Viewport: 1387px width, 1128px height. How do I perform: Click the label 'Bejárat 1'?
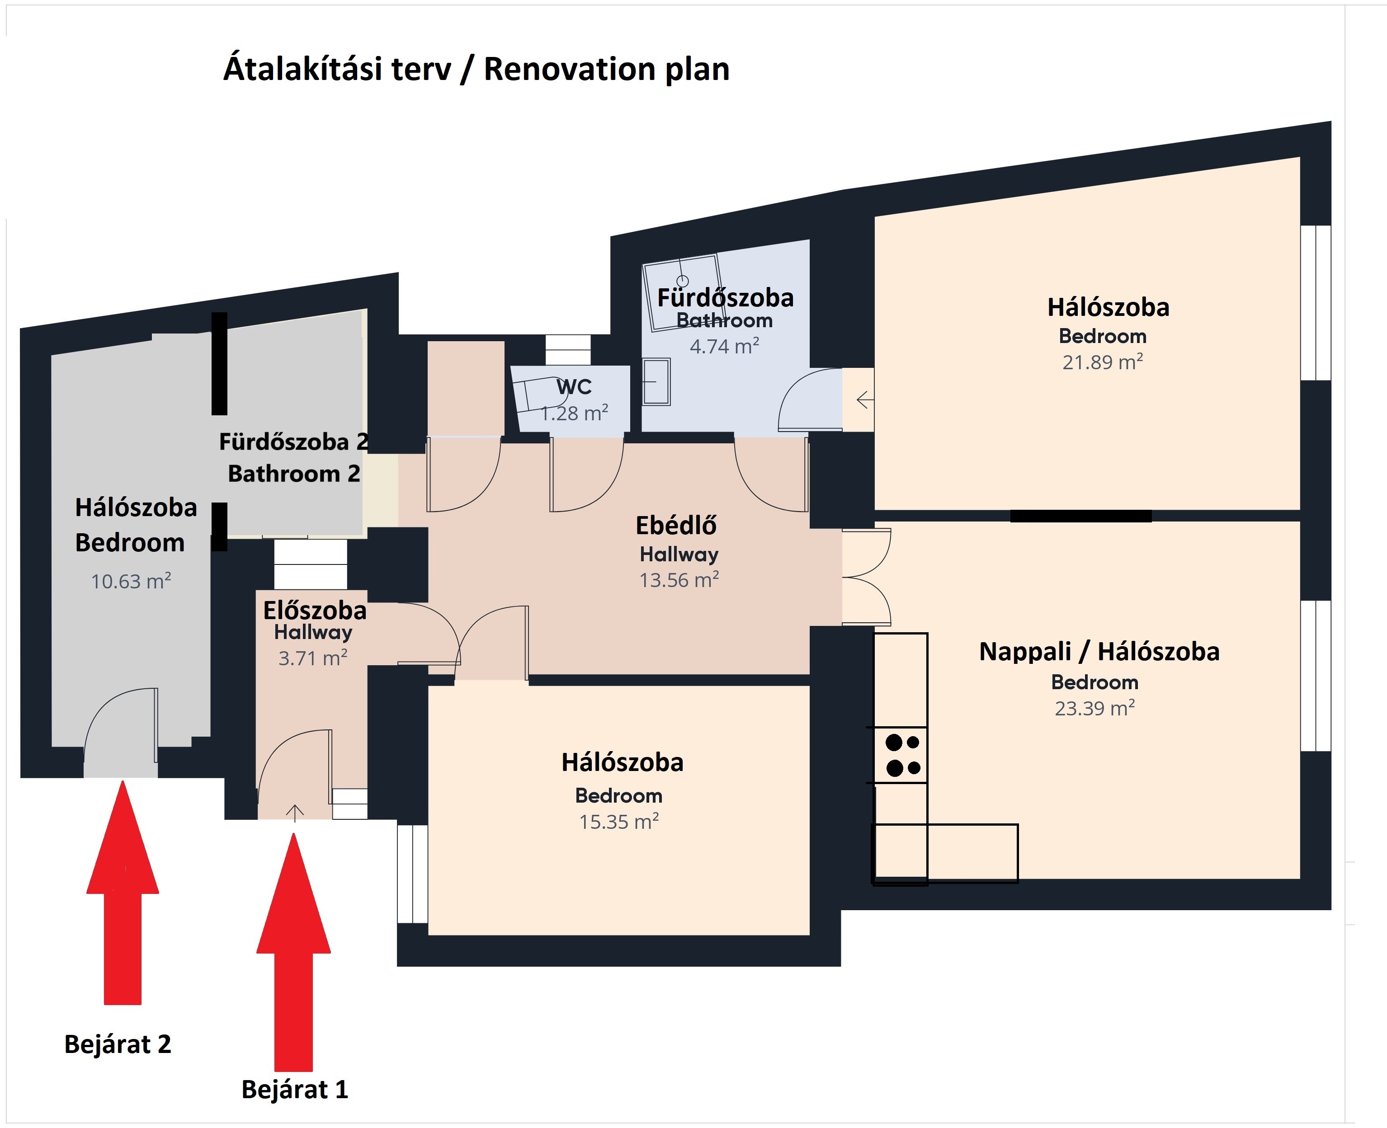[294, 1090]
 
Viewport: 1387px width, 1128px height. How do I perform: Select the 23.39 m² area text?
[1095, 708]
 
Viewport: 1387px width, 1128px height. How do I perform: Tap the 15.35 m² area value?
[619, 821]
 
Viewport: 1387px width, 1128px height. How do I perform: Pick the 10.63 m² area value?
[131, 581]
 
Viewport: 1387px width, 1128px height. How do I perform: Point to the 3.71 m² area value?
[313, 658]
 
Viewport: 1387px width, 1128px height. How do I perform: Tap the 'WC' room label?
[574, 387]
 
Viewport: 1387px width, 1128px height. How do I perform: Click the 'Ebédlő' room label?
[677, 526]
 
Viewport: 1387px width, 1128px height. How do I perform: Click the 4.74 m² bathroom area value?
[725, 346]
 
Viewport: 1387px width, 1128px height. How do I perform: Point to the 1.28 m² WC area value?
[575, 413]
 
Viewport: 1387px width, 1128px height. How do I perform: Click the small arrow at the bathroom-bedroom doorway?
[865, 399]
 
